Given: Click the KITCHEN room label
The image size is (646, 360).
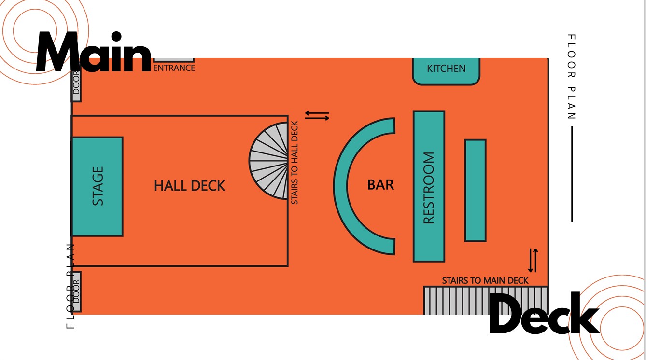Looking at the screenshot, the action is click(446, 69).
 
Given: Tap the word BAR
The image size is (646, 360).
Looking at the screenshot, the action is click(380, 185).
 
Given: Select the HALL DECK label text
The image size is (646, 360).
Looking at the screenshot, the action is click(189, 186).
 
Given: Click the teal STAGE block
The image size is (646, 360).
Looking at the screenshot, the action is click(98, 186).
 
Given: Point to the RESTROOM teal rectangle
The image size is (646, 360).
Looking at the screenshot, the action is click(429, 186).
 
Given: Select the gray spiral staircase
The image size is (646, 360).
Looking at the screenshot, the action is click(269, 161).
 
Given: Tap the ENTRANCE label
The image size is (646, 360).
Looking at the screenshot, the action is click(174, 68).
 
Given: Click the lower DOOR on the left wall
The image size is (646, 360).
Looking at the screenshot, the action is click(76, 291).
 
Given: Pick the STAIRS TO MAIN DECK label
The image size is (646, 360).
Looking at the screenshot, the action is click(485, 280).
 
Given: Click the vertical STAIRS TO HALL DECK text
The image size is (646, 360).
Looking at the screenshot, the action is click(295, 163).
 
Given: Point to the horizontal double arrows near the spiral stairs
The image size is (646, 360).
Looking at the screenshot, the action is click(317, 115).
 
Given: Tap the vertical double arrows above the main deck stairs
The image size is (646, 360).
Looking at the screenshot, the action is click(533, 260).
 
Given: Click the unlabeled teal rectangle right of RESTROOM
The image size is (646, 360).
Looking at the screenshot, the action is click(475, 191).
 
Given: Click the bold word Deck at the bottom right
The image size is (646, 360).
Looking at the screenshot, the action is click(545, 313).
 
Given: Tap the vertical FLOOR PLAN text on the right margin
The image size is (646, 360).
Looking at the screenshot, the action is click(571, 77).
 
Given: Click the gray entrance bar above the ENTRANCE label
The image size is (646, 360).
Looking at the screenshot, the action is click(174, 60).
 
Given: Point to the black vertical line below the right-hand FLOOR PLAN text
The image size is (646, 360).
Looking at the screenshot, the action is click(572, 174).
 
